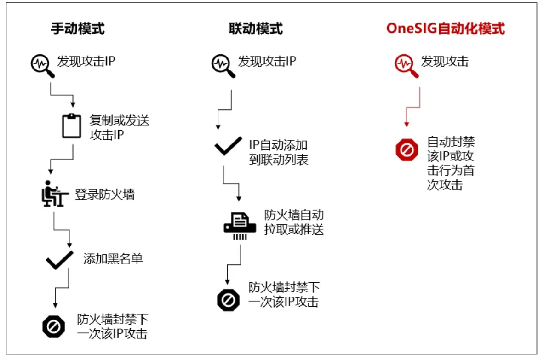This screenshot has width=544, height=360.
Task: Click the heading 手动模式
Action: tap(78, 29)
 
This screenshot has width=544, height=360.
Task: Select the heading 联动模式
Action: tap(256, 29)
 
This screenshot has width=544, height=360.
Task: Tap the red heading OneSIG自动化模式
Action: tap(445, 29)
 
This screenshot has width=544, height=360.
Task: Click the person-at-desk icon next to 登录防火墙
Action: tap(52, 195)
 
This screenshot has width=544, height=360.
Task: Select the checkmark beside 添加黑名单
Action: tap(59, 260)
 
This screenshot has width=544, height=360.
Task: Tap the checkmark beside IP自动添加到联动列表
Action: tap(228, 146)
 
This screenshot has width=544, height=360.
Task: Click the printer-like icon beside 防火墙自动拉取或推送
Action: tap(239, 224)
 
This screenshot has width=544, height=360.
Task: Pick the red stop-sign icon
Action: tap(407, 150)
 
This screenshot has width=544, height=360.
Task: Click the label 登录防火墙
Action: tap(105, 194)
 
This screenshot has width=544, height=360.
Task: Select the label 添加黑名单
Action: tap(113, 259)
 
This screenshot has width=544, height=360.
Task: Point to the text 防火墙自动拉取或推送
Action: tap(294, 223)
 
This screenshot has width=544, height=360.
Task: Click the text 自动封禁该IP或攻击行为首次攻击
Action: tap(451, 163)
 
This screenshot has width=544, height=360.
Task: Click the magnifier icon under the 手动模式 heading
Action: tap(41, 65)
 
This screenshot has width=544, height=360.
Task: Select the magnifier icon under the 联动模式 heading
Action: tap(222, 65)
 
